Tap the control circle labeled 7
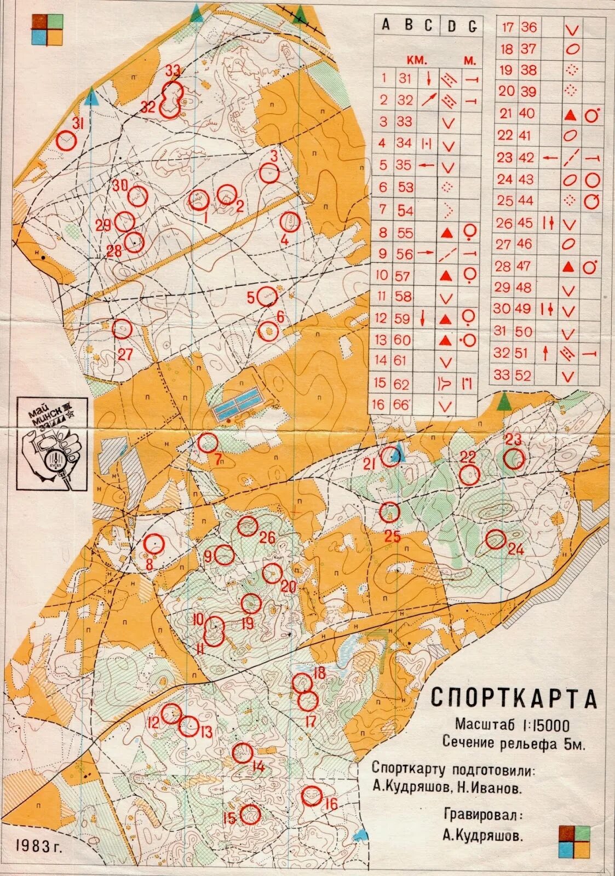pyautogui.click(x=208, y=442)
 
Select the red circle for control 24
pyautogui.click(x=495, y=539)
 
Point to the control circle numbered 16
pyautogui.click(x=312, y=796)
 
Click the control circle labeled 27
pyautogui.click(x=122, y=330)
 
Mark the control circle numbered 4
pyautogui.click(x=289, y=222)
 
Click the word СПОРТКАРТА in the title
pyautogui.click(x=513, y=698)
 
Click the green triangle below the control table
pyautogui.click(x=504, y=402)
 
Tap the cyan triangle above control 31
pyautogui.click(x=92, y=98)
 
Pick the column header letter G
pyautogui.click(x=472, y=26)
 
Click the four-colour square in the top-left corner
pyautogui.click(x=47, y=30)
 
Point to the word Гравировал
pyautogui.click(x=482, y=815)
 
